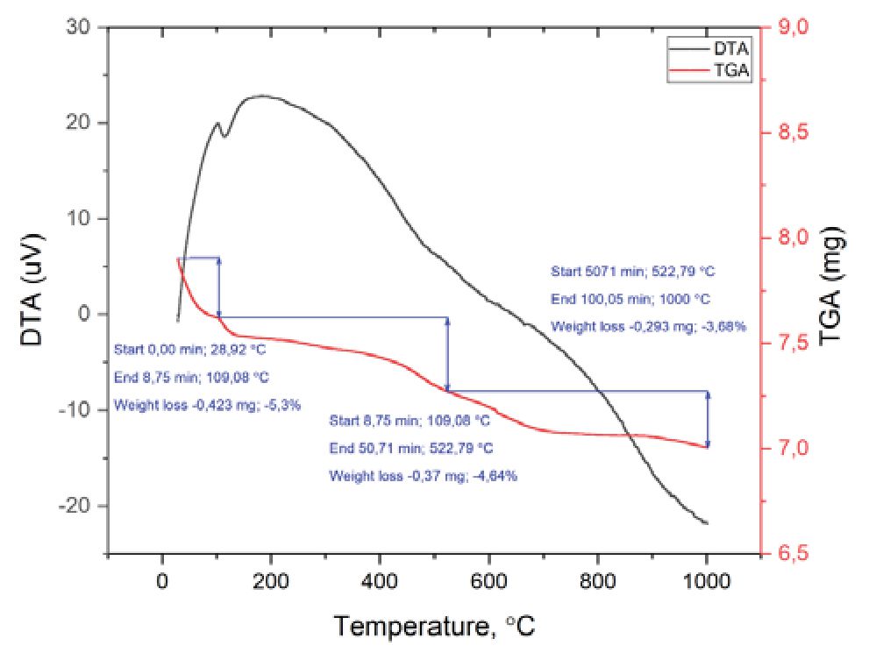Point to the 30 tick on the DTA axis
click(x=81, y=27)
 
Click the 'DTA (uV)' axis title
click(x=33, y=290)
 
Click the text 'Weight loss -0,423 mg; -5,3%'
click(x=195, y=407)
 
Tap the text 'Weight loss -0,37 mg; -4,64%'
click(x=424, y=477)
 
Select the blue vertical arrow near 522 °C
click(x=448, y=354)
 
